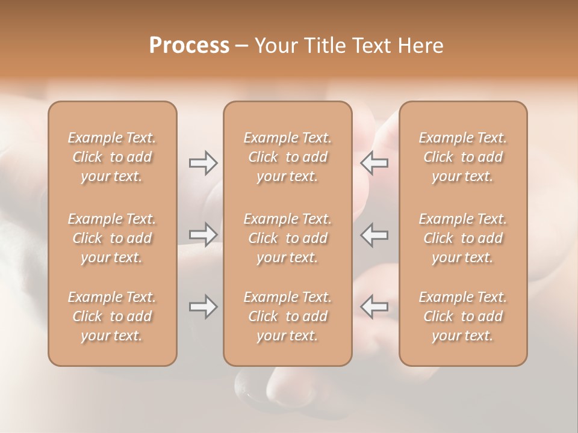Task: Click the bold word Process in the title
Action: (x=189, y=46)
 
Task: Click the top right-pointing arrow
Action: (x=203, y=163)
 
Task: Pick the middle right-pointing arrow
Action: (x=203, y=235)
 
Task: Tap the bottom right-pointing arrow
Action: (x=203, y=307)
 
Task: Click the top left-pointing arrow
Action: (x=374, y=163)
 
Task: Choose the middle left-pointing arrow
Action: (x=374, y=235)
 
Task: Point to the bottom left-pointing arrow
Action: (x=374, y=307)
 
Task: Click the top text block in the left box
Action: (x=112, y=157)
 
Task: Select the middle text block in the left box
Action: (x=112, y=238)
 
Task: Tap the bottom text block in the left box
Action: (x=112, y=316)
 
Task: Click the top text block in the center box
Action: (x=287, y=157)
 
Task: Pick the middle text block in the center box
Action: (x=287, y=238)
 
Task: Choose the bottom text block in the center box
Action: (x=287, y=316)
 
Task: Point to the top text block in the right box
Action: (x=462, y=157)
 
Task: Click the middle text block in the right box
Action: (x=462, y=238)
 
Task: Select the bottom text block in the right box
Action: (x=462, y=316)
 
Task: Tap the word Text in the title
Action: (x=373, y=46)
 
